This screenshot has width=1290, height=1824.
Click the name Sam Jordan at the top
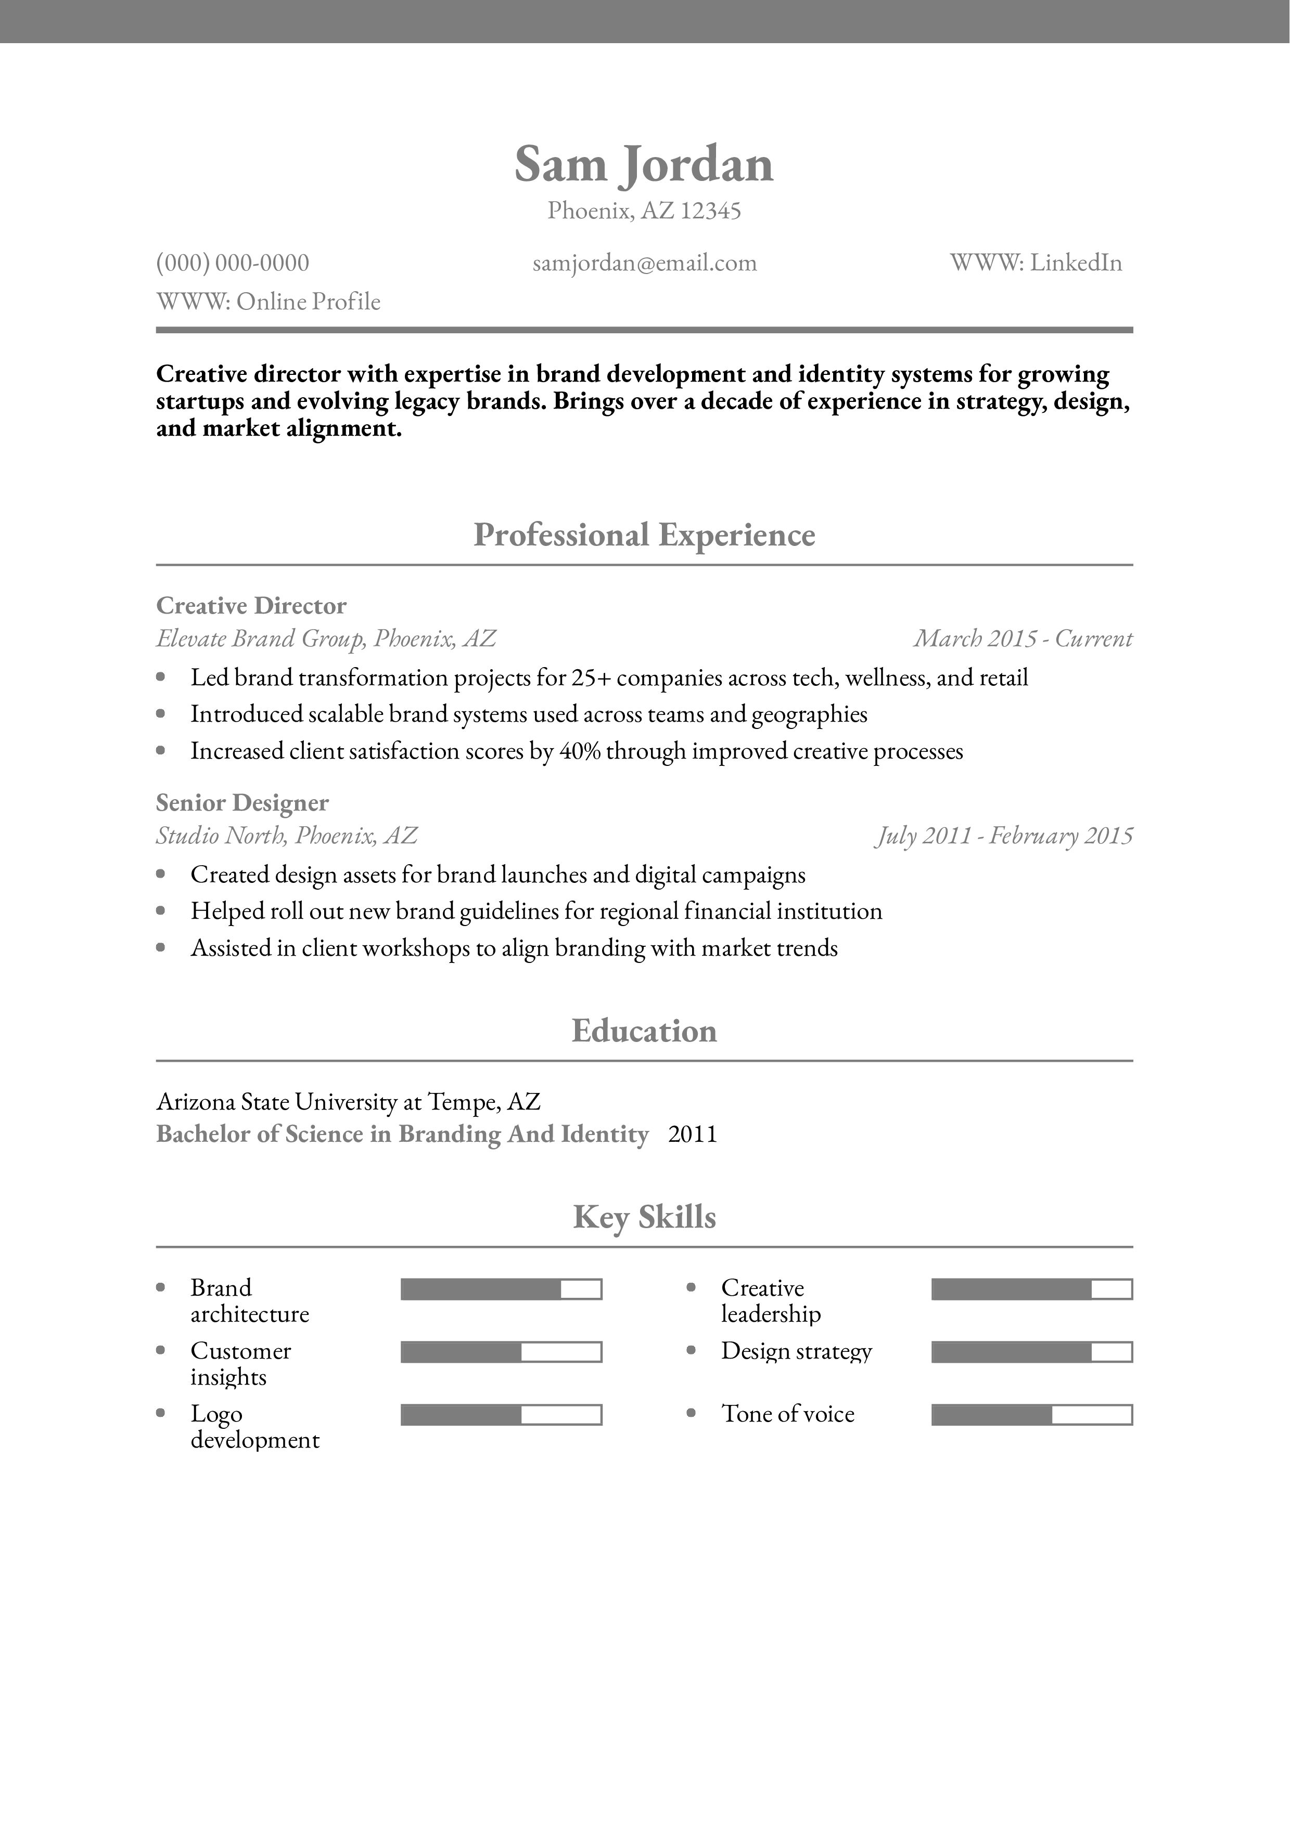pyautogui.click(x=644, y=164)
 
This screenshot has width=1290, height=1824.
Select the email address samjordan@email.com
pyautogui.click(x=645, y=263)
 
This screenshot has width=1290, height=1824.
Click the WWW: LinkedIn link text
pyautogui.click(x=1036, y=263)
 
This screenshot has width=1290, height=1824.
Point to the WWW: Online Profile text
pyautogui.click(x=269, y=302)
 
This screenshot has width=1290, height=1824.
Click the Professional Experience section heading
pyautogui.click(x=644, y=535)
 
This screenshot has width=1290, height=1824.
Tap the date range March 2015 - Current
pyautogui.click(x=1023, y=639)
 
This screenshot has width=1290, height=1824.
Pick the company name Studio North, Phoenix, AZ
pyautogui.click(x=286, y=836)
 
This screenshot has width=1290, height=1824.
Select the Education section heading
pyautogui.click(x=644, y=1031)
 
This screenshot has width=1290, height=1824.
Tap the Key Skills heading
pyautogui.click(x=644, y=1217)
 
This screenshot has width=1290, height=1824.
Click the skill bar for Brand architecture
pyautogui.click(x=501, y=1288)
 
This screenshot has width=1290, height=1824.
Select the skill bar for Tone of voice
pyautogui.click(x=1031, y=1414)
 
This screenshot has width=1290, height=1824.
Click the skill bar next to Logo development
pyautogui.click(x=501, y=1414)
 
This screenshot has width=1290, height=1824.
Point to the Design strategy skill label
pyautogui.click(x=796, y=1351)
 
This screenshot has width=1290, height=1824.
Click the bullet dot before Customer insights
pyautogui.click(x=161, y=1350)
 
